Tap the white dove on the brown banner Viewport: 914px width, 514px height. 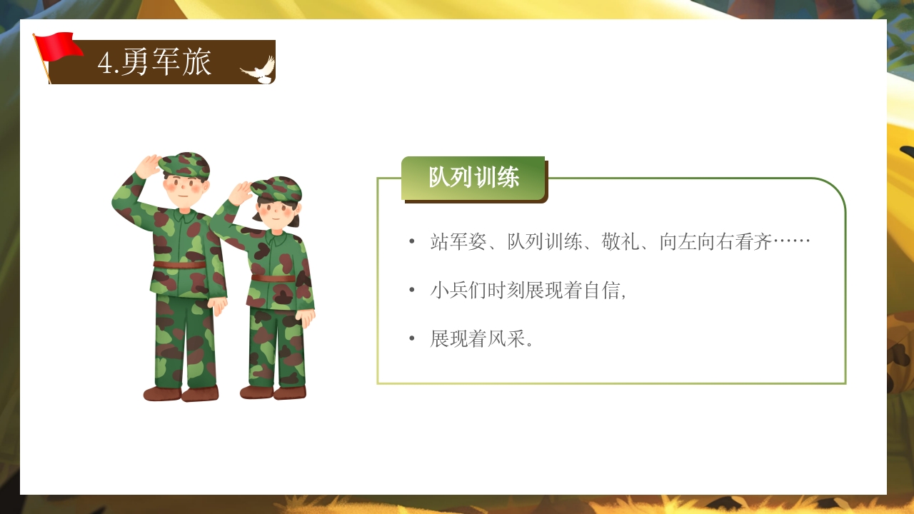point(258,69)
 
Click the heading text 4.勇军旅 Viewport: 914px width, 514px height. point(155,63)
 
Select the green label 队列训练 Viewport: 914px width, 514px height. point(473,178)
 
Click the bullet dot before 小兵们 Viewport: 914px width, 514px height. point(411,291)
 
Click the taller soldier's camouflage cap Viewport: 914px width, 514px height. point(185,164)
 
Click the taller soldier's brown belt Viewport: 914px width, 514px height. point(179,265)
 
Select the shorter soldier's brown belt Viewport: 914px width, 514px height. point(273,278)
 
